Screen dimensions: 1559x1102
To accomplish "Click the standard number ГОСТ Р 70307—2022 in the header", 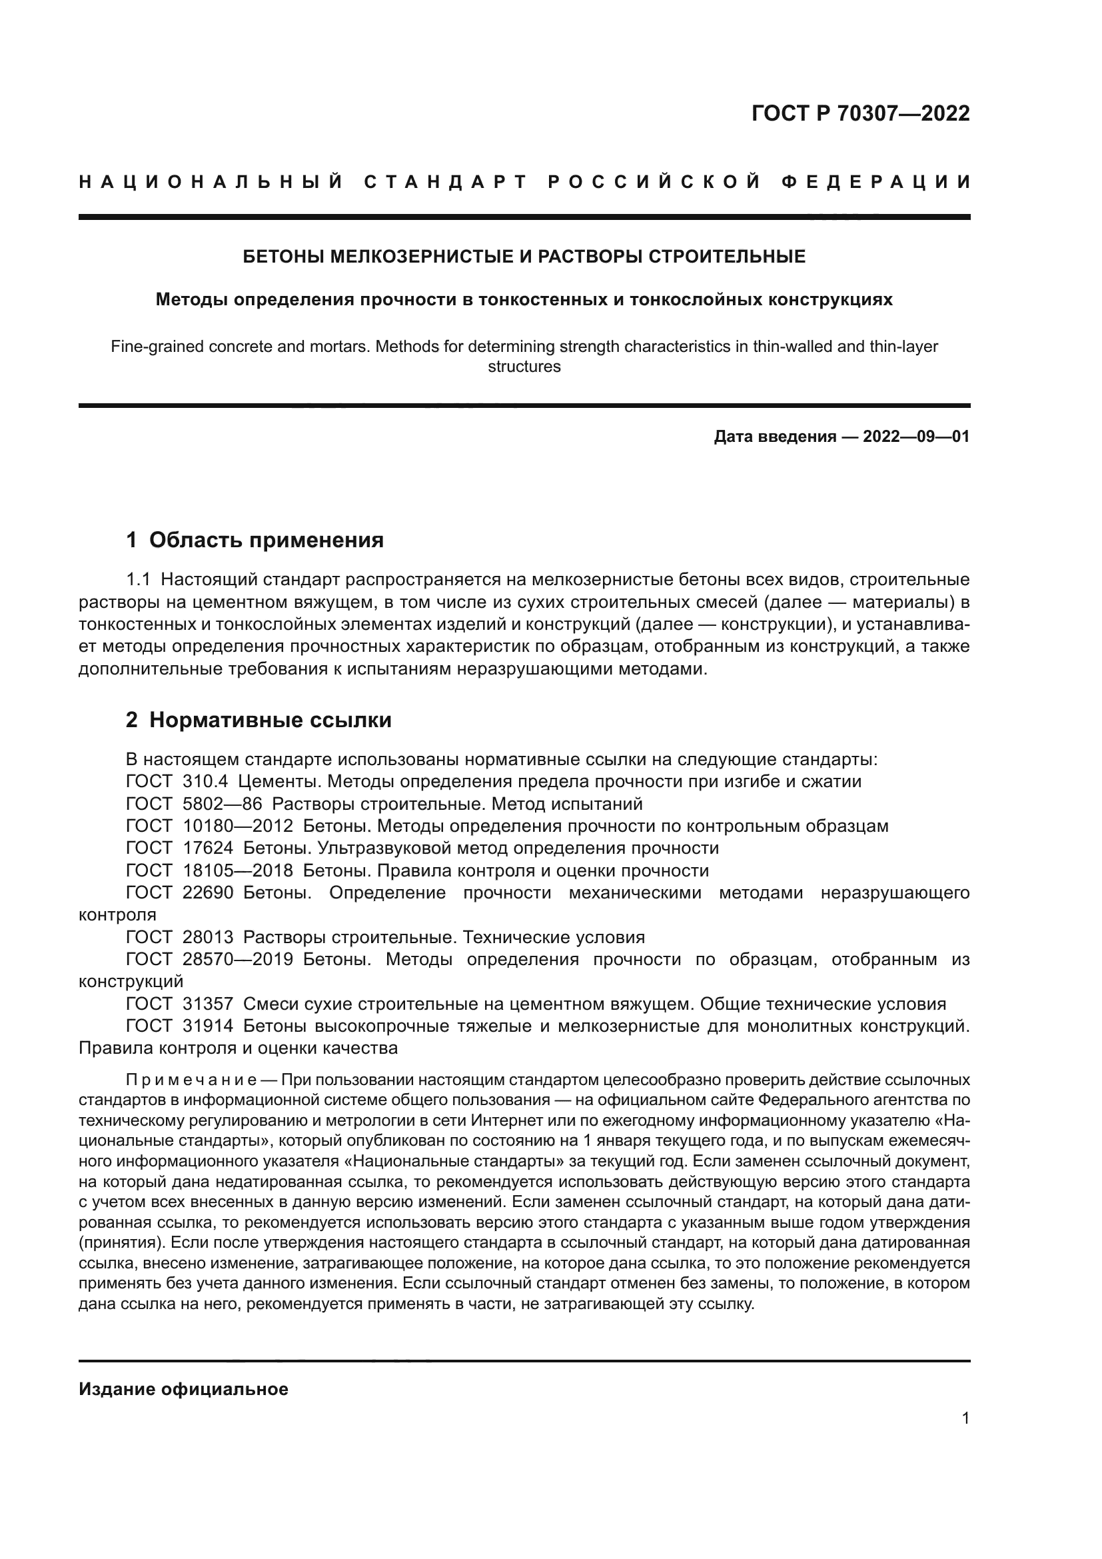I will pyautogui.click(x=860, y=113).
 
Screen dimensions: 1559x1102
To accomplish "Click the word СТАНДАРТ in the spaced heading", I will pyautogui.click(x=446, y=182).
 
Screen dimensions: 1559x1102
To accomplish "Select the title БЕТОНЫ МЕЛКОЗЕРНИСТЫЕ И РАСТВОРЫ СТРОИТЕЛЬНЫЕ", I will pyautogui.click(x=524, y=257).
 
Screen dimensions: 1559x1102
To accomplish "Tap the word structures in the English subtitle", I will pyautogui.click(x=524, y=367).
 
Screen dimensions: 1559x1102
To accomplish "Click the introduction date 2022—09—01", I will pyautogui.click(x=916, y=437).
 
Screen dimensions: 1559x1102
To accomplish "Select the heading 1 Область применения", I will pyautogui.click(x=255, y=541).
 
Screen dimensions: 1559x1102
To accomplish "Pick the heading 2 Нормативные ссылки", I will pyautogui.click(x=259, y=721).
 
